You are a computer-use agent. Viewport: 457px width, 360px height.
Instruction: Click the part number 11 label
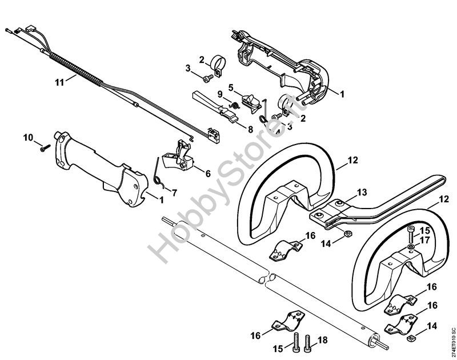(x=59, y=82)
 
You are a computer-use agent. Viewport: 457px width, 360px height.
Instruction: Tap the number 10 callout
(x=28, y=137)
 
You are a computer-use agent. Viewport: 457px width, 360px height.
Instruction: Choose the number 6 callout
(x=207, y=173)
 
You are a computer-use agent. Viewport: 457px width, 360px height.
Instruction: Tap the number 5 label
(x=231, y=87)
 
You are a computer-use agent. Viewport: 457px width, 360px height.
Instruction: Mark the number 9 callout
(x=221, y=94)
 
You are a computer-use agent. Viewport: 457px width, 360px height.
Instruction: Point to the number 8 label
(x=250, y=129)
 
